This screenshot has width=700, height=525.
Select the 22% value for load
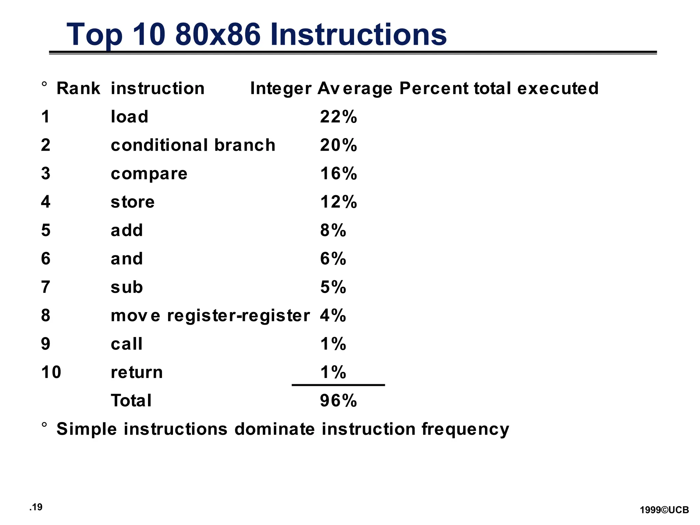pos(338,117)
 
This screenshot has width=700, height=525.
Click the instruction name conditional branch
pos(193,145)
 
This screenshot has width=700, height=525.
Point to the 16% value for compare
pos(338,174)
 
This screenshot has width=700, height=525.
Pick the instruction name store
pos(133,202)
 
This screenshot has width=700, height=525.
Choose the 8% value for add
pos(333,230)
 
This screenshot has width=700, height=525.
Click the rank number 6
pos(46,259)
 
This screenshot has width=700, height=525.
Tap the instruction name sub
pos(127,287)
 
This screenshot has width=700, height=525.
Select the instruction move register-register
pos(210,315)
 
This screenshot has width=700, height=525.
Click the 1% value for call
pos(333,344)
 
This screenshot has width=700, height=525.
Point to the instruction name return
pos(137,372)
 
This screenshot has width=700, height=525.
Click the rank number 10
pos(51,372)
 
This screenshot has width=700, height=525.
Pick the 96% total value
pos(338,401)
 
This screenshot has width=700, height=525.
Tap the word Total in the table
pos(131,401)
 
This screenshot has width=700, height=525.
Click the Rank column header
pos(78,89)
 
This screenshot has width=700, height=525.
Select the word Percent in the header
pos(434,89)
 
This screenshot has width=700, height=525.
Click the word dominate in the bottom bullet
pos(274,429)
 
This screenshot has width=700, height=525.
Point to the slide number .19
pos(36,507)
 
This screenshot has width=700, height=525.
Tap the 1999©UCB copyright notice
pos(664,510)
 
